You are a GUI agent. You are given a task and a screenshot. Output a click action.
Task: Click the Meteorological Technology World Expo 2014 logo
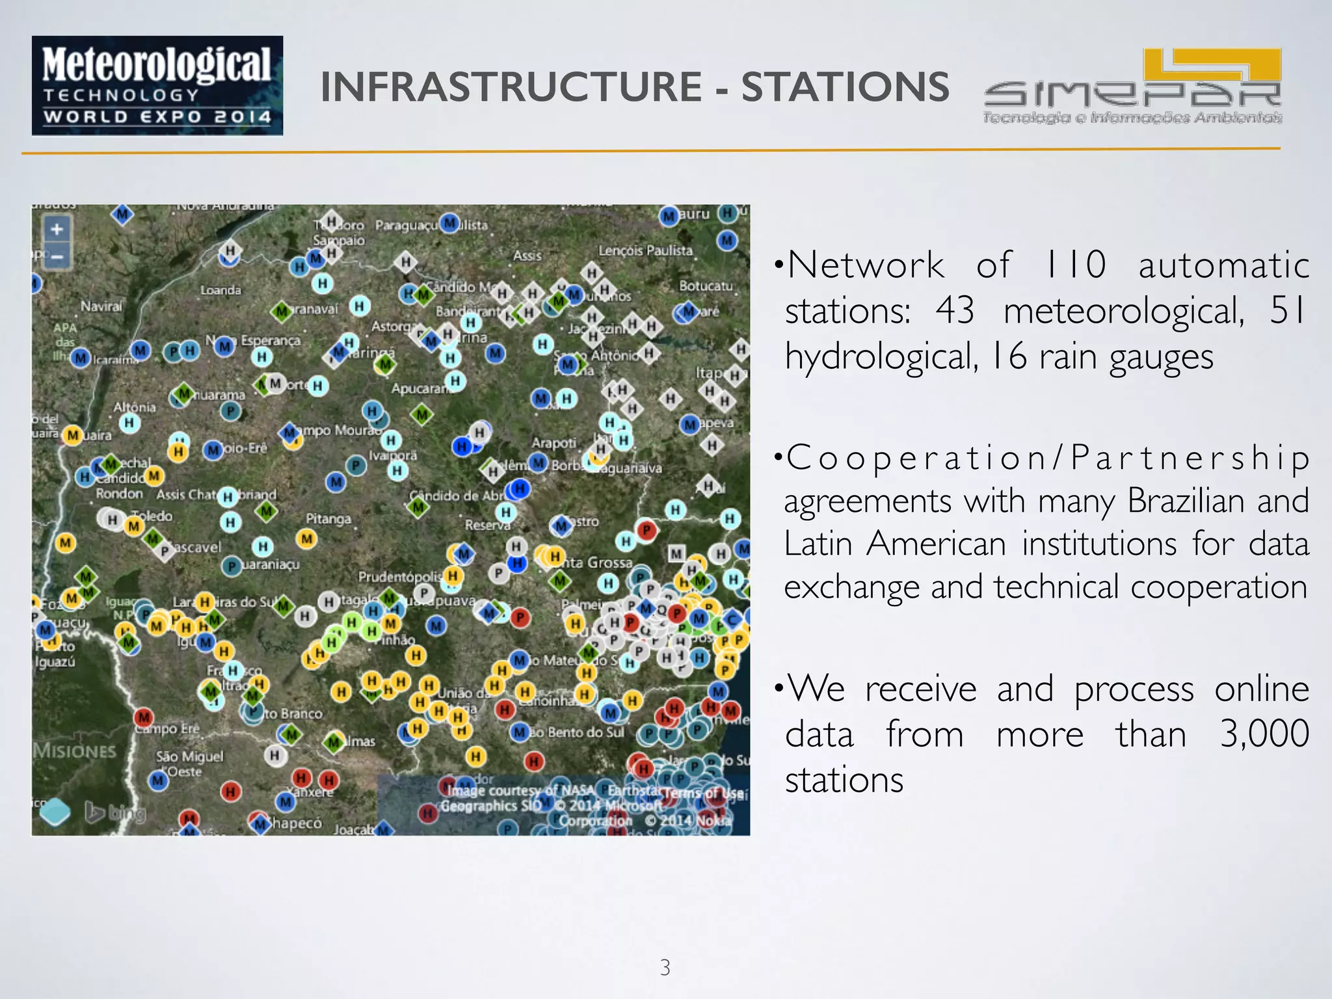[157, 85]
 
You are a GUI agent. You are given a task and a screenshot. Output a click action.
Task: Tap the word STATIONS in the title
[845, 87]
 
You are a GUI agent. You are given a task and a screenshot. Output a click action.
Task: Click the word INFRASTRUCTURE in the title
[511, 87]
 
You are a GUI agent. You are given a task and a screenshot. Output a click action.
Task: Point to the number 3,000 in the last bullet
[1264, 734]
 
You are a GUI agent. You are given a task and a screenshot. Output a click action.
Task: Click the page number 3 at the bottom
[665, 967]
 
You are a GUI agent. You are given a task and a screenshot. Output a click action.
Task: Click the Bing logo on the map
[116, 812]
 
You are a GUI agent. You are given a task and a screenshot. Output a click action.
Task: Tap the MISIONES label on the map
[74, 751]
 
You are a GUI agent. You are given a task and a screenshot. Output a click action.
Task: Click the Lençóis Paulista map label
[645, 250]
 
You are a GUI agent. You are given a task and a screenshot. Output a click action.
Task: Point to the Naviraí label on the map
[101, 306]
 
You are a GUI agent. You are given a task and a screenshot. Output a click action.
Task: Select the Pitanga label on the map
[328, 518]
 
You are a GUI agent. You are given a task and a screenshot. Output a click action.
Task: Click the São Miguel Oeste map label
[189, 764]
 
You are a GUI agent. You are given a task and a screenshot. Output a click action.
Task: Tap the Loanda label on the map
[220, 290]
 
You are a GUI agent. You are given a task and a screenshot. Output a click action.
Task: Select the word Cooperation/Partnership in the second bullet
[1047, 457]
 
